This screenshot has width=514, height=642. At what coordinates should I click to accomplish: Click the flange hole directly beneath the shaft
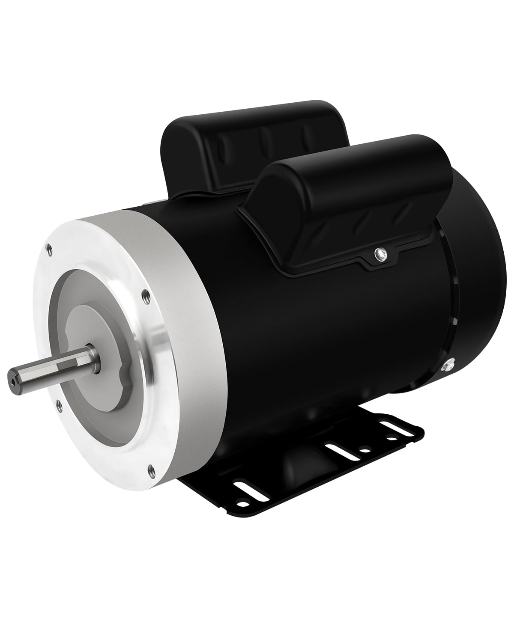[57, 403]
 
